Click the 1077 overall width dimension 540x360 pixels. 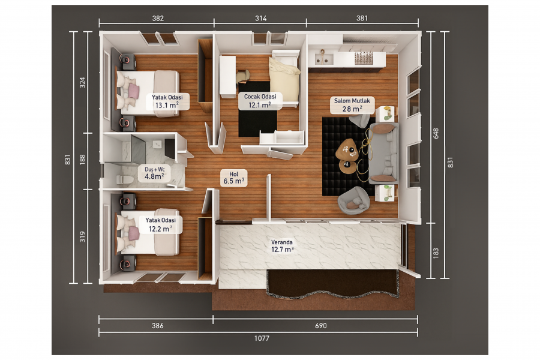(x=262, y=338)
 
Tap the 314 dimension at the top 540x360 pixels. (x=261, y=18)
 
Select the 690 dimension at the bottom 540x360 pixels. (x=320, y=326)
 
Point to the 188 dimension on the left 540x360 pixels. (x=82, y=159)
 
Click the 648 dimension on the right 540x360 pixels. (x=436, y=133)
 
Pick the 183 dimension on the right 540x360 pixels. (x=436, y=253)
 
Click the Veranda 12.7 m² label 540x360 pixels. (x=283, y=246)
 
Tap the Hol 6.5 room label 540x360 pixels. (x=234, y=178)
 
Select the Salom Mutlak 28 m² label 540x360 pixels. (x=352, y=105)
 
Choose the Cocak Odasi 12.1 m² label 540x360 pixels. (x=260, y=101)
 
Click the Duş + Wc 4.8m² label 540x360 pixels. (x=155, y=173)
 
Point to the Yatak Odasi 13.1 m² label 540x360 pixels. (x=167, y=101)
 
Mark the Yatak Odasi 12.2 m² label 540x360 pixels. (x=160, y=224)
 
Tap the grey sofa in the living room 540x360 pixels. (x=383, y=154)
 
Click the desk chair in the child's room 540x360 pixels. (x=243, y=76)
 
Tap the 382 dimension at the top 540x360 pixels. (x=158, y=18)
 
